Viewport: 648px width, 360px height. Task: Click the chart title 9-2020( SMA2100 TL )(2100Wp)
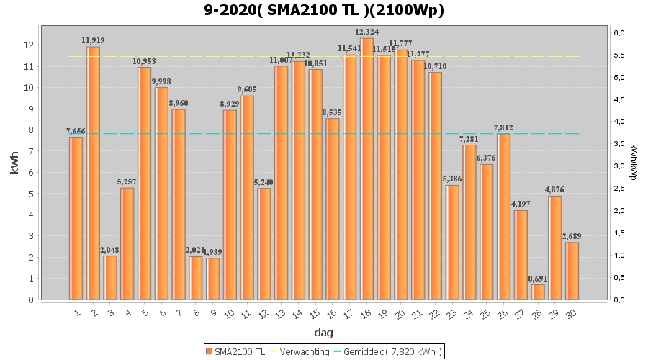(323, 10)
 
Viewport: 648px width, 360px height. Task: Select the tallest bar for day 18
(367, 169)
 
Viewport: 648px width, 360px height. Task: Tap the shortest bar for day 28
(538, 292)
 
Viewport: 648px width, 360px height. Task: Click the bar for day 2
(94, 173)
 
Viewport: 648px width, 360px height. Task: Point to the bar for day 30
(572, 271)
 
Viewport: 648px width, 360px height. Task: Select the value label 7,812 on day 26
(503, 127)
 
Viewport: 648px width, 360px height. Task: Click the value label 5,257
(128, 181)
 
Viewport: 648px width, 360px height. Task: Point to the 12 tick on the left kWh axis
(29, 45)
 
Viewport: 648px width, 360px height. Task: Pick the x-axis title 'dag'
(323, 333)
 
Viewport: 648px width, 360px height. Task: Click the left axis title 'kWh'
(14, 166)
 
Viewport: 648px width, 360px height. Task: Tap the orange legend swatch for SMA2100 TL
(210, 351)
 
